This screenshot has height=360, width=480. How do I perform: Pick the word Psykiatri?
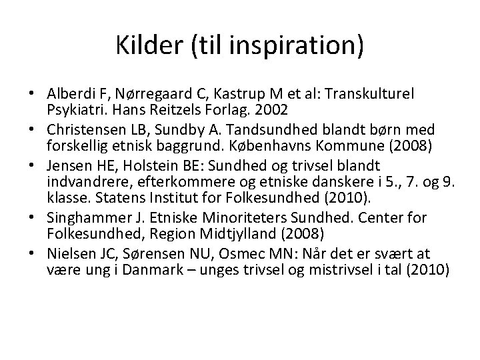pos(73,109)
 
